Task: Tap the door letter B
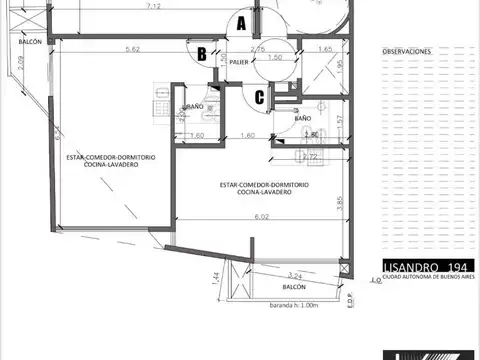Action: point(201,53)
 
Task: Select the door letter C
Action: point(259,97)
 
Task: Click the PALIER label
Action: point(238,62)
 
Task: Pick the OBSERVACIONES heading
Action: point(407,49)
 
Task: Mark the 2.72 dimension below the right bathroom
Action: point(311,157)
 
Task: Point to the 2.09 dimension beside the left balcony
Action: point(21,73)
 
